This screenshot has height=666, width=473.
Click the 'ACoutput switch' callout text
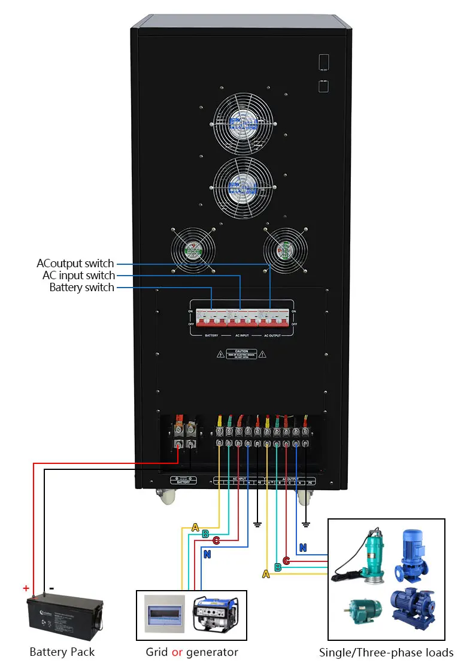(75, 264)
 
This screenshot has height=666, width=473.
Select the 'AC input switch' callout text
(78, 276)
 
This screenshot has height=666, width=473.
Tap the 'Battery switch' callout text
(81, 288)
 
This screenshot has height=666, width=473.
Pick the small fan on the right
(285, 249)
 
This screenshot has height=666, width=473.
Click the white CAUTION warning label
(241, 354)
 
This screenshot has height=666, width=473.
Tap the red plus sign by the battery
(26, 588)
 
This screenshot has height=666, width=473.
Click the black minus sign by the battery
(51, 588)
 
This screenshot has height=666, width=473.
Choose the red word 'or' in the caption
(177, 652)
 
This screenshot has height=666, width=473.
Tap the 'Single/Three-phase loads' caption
(386, 652)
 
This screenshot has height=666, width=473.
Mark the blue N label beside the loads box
(303, 548)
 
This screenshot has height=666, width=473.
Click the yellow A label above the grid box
(195, 527)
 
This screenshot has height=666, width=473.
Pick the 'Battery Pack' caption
(62, 652)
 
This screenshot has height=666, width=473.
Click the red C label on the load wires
(286, 560)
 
